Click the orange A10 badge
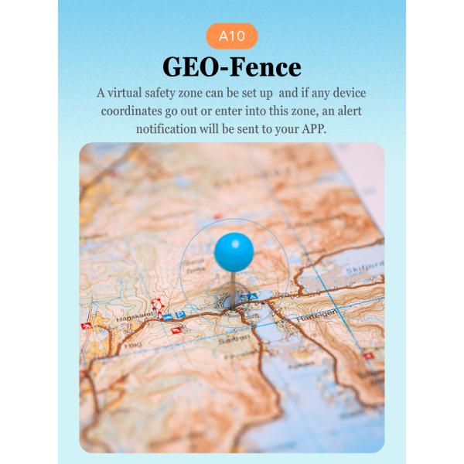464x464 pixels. (x=232, y=36)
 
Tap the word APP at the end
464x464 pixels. (x=312, y=129)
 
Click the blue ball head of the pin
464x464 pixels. (x=234, y=251)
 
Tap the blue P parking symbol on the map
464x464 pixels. (x=179, y=316)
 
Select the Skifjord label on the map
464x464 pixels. (x=366, y=264)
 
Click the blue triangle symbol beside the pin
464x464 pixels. (x=247, y=297)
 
